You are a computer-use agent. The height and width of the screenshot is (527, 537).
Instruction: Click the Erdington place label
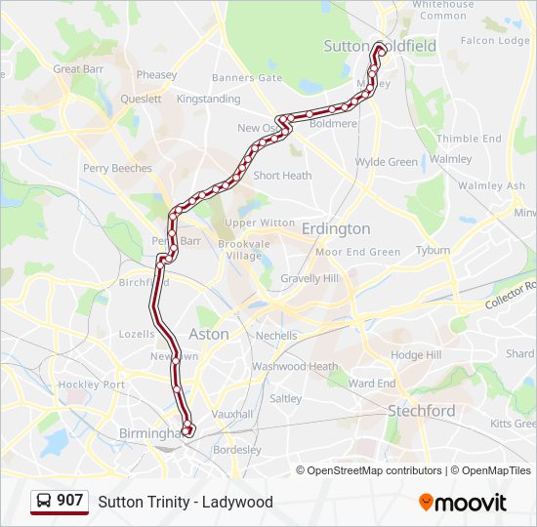click(336, 228)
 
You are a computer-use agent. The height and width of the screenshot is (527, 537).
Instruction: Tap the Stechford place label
click(421, 411)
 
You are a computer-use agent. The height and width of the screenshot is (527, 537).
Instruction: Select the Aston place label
click(208, 334)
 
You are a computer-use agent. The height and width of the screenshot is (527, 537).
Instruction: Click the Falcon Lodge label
click(495, 41)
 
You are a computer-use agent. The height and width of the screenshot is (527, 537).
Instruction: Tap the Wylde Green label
click(387, 162)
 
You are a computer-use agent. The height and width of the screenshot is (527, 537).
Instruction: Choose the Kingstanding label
click(208, 99)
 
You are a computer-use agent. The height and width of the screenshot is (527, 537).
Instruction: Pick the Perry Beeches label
click(117, 168)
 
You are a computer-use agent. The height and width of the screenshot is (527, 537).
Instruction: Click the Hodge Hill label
click(416, 355)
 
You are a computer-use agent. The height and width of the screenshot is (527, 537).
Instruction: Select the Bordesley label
click(236, 450)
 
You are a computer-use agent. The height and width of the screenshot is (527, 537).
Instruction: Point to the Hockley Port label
click(91, 385)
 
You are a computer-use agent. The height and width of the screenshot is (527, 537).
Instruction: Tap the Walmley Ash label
click(491, 185)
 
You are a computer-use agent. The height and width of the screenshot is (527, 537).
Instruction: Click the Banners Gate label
click(246, 78)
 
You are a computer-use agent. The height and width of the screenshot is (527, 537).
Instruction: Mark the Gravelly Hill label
click(310, 278)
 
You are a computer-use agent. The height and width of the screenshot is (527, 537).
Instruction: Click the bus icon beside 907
click(43, 502)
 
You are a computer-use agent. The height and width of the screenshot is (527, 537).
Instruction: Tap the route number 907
click(69, 501)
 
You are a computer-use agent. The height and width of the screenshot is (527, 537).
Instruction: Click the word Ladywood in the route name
click(240, 502)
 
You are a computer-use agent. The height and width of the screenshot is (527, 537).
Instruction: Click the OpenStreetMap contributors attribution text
click(374, 470)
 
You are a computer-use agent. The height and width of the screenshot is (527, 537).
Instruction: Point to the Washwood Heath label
click(295, 367)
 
